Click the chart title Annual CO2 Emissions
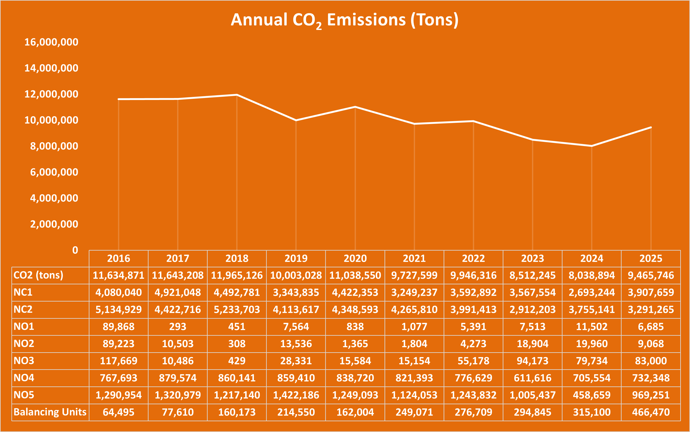point(344,20)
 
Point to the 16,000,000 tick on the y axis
point(51,42)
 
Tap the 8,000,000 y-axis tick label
point(54,146)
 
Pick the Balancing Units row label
point(50,412)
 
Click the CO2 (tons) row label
point(38,275)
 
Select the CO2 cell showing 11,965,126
point(237,275)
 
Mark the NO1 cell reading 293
point(178,327)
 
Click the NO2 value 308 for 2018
point(237,344)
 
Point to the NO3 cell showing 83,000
point(651,361)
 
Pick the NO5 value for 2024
point(592,395)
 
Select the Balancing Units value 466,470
point(651,412)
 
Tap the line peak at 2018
point(237,95)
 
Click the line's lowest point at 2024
point(592,146)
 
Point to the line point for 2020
point(355,107)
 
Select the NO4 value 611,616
point(532,378)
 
